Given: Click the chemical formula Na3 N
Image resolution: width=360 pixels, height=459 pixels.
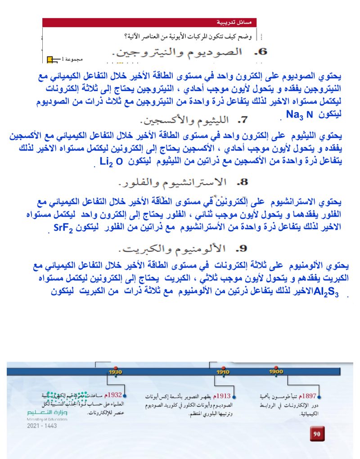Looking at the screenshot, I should pyautogui.click(x=299, y=114).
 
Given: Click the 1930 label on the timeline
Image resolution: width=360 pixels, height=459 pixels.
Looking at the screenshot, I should pyautogui.click(x=116, y=372).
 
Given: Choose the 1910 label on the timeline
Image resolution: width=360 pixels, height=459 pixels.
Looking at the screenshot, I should pyautogui.click(x=223, y=372).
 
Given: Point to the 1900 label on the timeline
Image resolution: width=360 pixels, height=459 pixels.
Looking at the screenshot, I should pyautogui.click(x=276, y=372).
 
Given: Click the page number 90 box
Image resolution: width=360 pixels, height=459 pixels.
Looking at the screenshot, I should pyautogui.click(x=317, y=434).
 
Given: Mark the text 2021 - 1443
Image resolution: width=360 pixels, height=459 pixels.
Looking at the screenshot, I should pyautogui.click(x=42, y=426).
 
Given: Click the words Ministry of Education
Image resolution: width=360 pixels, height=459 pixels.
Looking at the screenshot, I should pyautogui.click(x=47, y=419).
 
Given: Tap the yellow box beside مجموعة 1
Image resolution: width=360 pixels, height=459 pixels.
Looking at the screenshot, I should pyautogui.click(x=50, y=59).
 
